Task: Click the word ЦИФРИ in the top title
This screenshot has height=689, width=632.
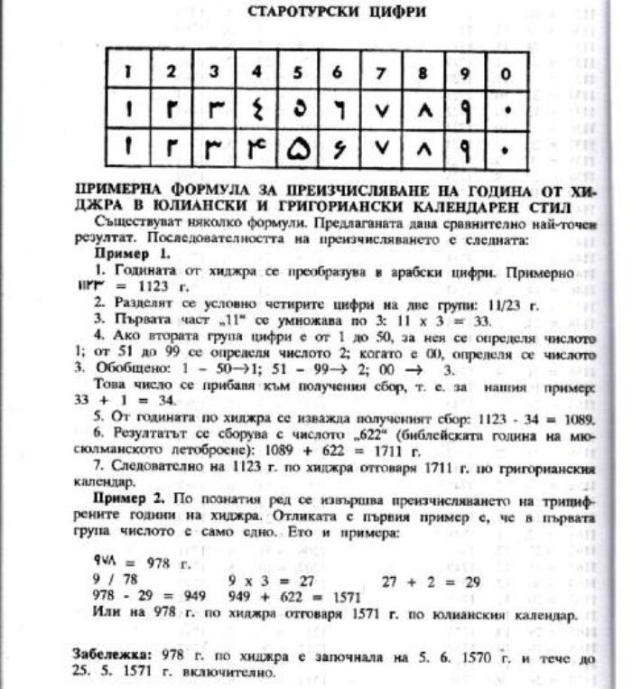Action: (x=387, y=13)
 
